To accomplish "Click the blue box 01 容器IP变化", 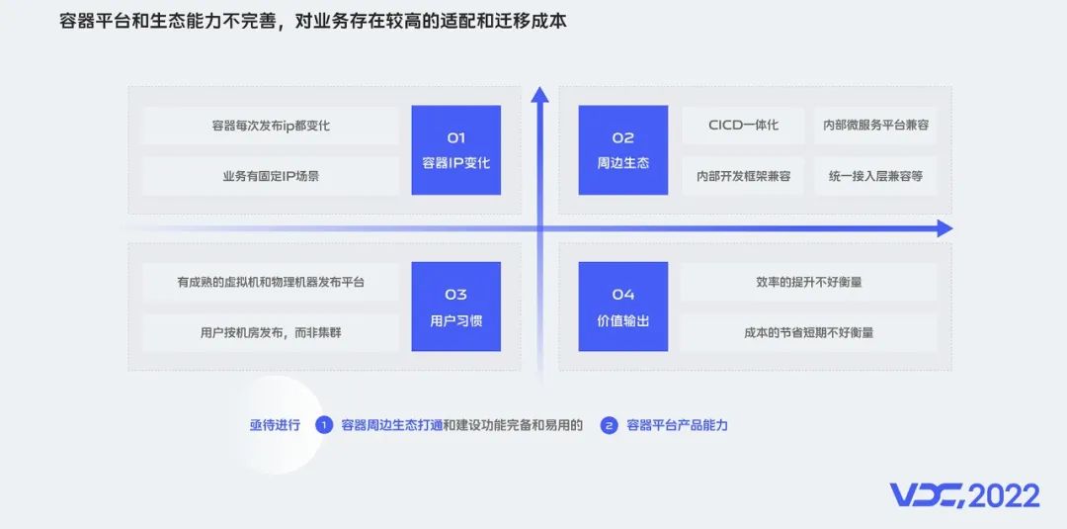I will pos(455,149).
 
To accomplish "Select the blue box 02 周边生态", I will pos(623,149).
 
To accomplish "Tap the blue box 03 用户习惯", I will pos(455,307).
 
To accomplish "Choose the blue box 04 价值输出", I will pos(623,307).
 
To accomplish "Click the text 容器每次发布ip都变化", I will pos(271,126).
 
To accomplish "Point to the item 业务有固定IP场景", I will pos(271,176).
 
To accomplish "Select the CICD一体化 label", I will pos(743,126).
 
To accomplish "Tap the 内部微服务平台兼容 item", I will pos(875,126).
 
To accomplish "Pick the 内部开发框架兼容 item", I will pos(743,176).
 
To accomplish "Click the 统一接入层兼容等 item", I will pos(875,176).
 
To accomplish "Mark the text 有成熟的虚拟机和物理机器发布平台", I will pos(271,282).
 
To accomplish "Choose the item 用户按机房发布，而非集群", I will pos(271,332).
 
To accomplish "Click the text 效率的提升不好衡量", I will pos(808,282).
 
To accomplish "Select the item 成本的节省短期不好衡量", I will pos(808,332).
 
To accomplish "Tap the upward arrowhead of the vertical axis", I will pos(539,95).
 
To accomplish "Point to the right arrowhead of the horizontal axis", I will pos(944,228).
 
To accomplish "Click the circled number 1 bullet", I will pos(323,425).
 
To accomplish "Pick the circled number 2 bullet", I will pos(609,425).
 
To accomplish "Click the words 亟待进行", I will pos(274,425).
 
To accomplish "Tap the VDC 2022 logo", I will pos(964,494).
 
